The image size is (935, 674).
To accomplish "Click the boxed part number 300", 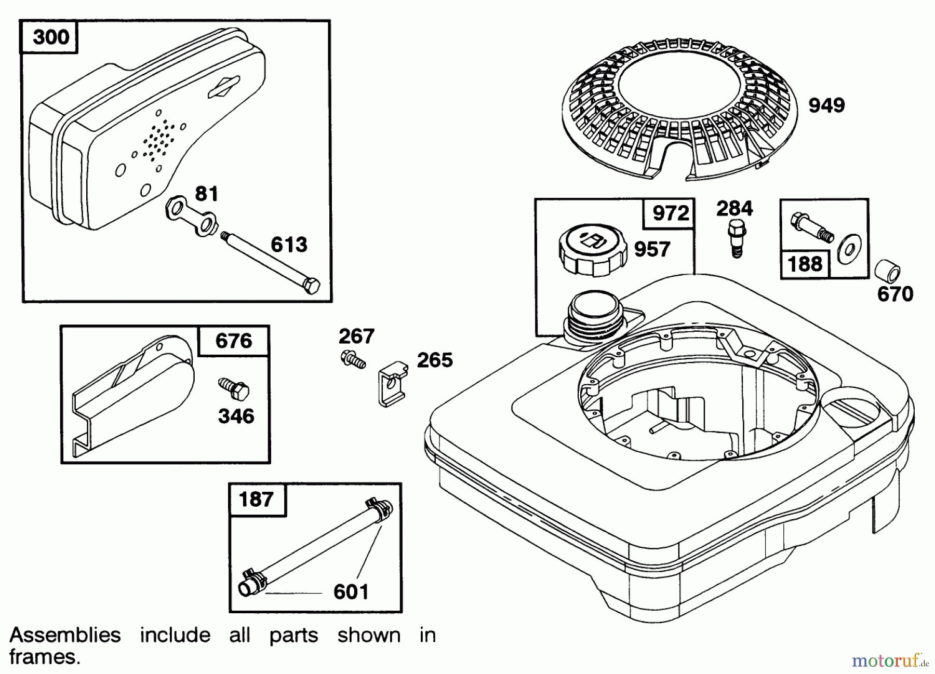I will [50, 37].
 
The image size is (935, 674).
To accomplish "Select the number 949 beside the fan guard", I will [826, 105].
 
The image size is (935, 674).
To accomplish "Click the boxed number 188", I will [805, 264].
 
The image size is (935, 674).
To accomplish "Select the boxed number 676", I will [233, 341].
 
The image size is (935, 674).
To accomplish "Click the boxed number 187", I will [256, 500].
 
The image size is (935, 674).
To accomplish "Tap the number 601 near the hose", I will [351, 591].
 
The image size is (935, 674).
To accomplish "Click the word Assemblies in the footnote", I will [65, 635].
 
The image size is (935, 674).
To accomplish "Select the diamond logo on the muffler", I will [223, 87].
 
